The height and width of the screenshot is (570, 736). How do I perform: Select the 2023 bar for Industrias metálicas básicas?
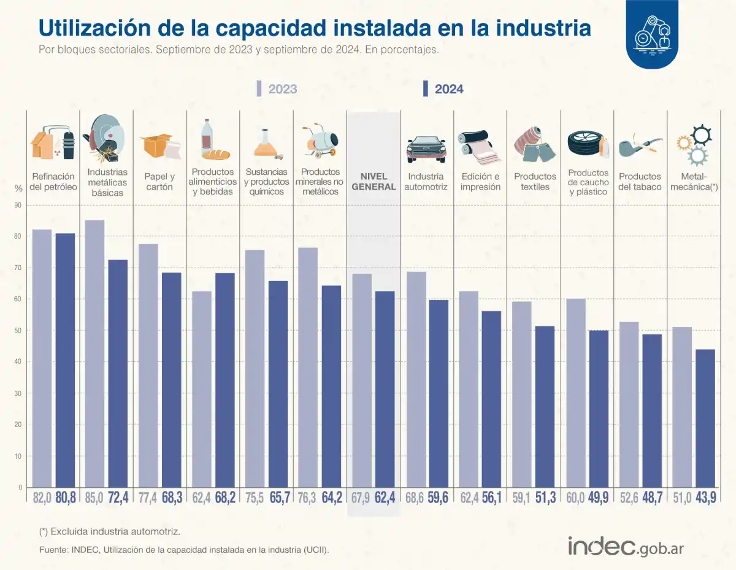click(94, 353)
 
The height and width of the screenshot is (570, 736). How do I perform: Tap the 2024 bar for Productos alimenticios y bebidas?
click(225, 380)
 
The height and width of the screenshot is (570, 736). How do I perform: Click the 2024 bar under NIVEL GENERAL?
click(385, 389)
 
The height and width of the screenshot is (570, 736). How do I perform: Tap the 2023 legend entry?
click(277, 89)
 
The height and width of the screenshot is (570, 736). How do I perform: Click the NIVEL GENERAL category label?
click(374, 182)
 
